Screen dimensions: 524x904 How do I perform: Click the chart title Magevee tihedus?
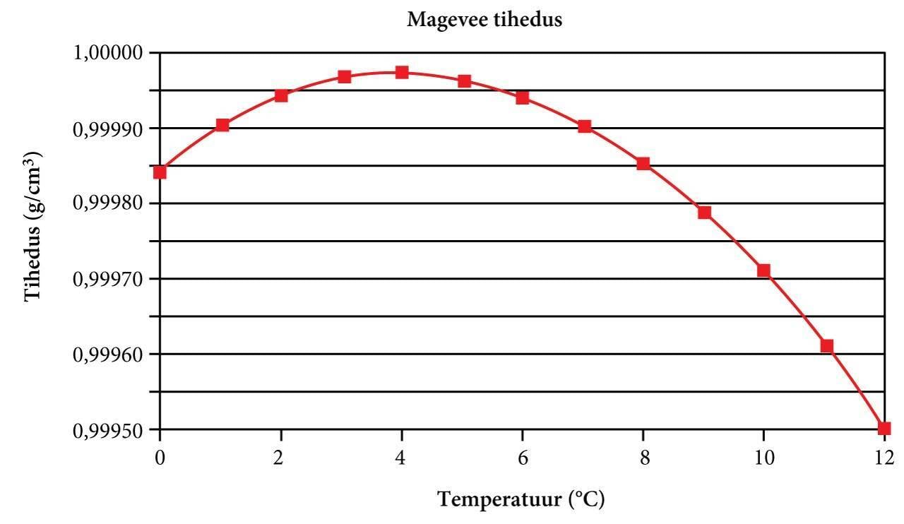tap(484, 20)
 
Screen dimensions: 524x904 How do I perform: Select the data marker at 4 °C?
tap(402, 72)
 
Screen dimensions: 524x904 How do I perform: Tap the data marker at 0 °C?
tap(160, 172)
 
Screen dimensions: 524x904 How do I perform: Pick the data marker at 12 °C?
tap(884, 428)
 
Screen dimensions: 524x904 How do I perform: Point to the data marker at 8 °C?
tap(643, 164)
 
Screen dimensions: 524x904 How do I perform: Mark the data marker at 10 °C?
tap(763, 270)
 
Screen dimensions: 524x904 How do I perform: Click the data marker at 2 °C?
tap(281, 95)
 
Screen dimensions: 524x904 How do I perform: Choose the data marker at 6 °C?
tap(523, 97)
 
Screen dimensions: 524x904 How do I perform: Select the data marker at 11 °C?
tap(826, 346)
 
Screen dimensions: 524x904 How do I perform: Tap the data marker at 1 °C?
tap(222, 125)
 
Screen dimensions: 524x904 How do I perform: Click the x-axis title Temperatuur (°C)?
tap(521, 500)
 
